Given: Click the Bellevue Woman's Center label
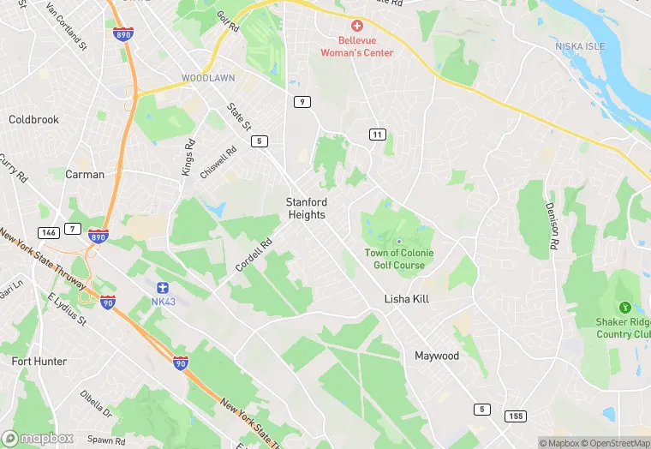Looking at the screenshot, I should (356, 46).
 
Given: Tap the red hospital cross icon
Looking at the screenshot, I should (356, 25).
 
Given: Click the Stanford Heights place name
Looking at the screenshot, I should (307, 208).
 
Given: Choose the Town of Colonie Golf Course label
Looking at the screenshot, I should (399, 259).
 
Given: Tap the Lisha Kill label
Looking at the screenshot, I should (406, 300).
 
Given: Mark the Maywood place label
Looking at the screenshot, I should (437, 356).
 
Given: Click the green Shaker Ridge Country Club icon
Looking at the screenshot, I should (625, 308).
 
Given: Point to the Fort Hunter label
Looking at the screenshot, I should (39, 362).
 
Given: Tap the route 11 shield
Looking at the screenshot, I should (376, 135).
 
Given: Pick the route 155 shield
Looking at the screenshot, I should (514, 416).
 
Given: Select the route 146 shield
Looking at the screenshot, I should (48, 231).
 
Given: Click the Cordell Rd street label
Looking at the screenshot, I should (254, 254).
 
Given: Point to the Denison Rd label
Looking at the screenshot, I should (553, 225).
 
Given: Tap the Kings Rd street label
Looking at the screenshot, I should (188, 158).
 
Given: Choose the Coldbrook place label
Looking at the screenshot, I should (33, 120).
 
